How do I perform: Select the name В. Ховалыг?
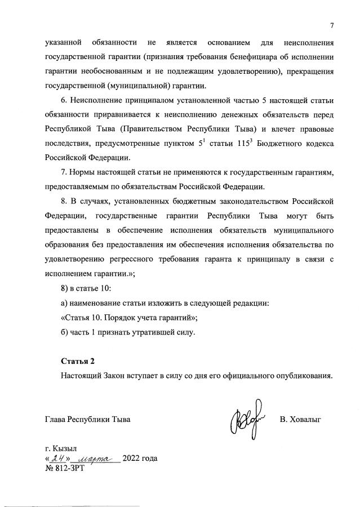[x=300, y=420]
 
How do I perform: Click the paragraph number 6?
[x=64, y=101]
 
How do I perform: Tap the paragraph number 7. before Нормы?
[x=64, y=172]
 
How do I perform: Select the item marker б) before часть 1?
[x=64, y=332]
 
